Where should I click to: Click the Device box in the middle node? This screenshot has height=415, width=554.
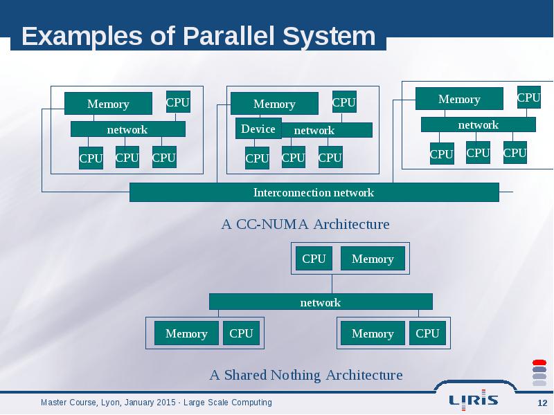258,129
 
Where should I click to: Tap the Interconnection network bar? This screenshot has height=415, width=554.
314,192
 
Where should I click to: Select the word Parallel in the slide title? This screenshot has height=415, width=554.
229,36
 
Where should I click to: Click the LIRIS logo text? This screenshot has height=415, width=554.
474,400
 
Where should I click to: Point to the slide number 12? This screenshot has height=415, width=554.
542,403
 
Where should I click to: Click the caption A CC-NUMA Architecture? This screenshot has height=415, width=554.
305,224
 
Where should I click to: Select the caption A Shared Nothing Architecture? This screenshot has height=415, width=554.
306,375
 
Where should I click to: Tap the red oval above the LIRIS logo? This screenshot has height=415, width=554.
539,362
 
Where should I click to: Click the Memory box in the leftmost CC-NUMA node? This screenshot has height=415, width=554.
108,103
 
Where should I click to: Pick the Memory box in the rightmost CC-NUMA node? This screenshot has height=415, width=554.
459,99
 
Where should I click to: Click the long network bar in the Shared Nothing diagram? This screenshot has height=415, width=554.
321,302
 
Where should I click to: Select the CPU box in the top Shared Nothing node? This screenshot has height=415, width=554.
314,259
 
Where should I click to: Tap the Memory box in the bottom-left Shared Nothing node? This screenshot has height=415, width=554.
186,333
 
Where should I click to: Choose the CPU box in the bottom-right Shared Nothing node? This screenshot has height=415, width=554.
427,333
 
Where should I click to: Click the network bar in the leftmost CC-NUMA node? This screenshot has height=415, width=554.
128,129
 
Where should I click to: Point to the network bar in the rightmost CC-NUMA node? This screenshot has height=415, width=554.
479,124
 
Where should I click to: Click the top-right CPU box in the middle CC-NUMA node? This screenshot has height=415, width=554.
344,102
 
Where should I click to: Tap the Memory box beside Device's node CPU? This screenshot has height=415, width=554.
274,103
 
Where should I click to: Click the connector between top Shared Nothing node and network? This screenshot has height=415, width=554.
332,284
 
